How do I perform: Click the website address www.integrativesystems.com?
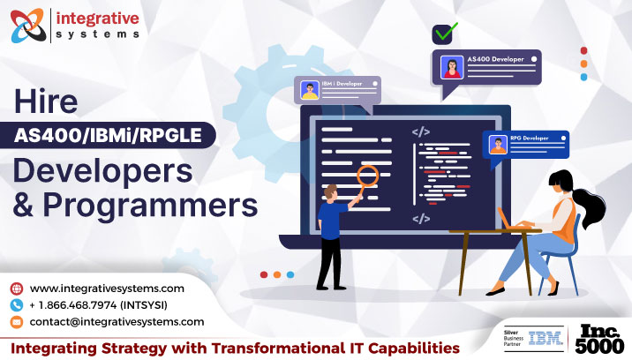[x=107, y=289]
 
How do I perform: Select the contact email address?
[x=117, y=322]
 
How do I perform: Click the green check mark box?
[x=443, y=34]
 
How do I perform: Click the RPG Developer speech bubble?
[x=526, y=143]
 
